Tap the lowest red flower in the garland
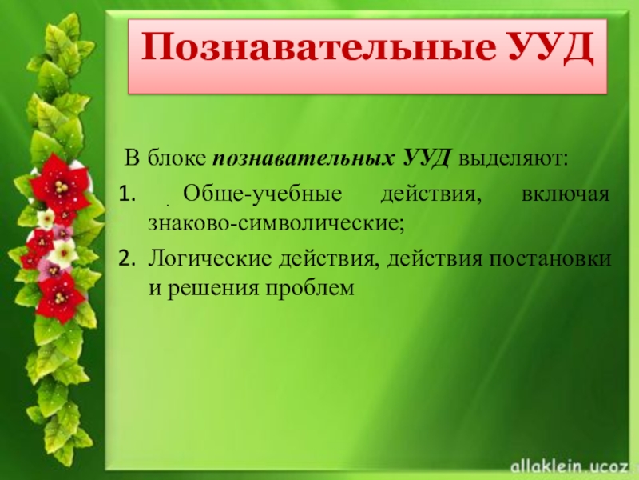click(x=60, y=296)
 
